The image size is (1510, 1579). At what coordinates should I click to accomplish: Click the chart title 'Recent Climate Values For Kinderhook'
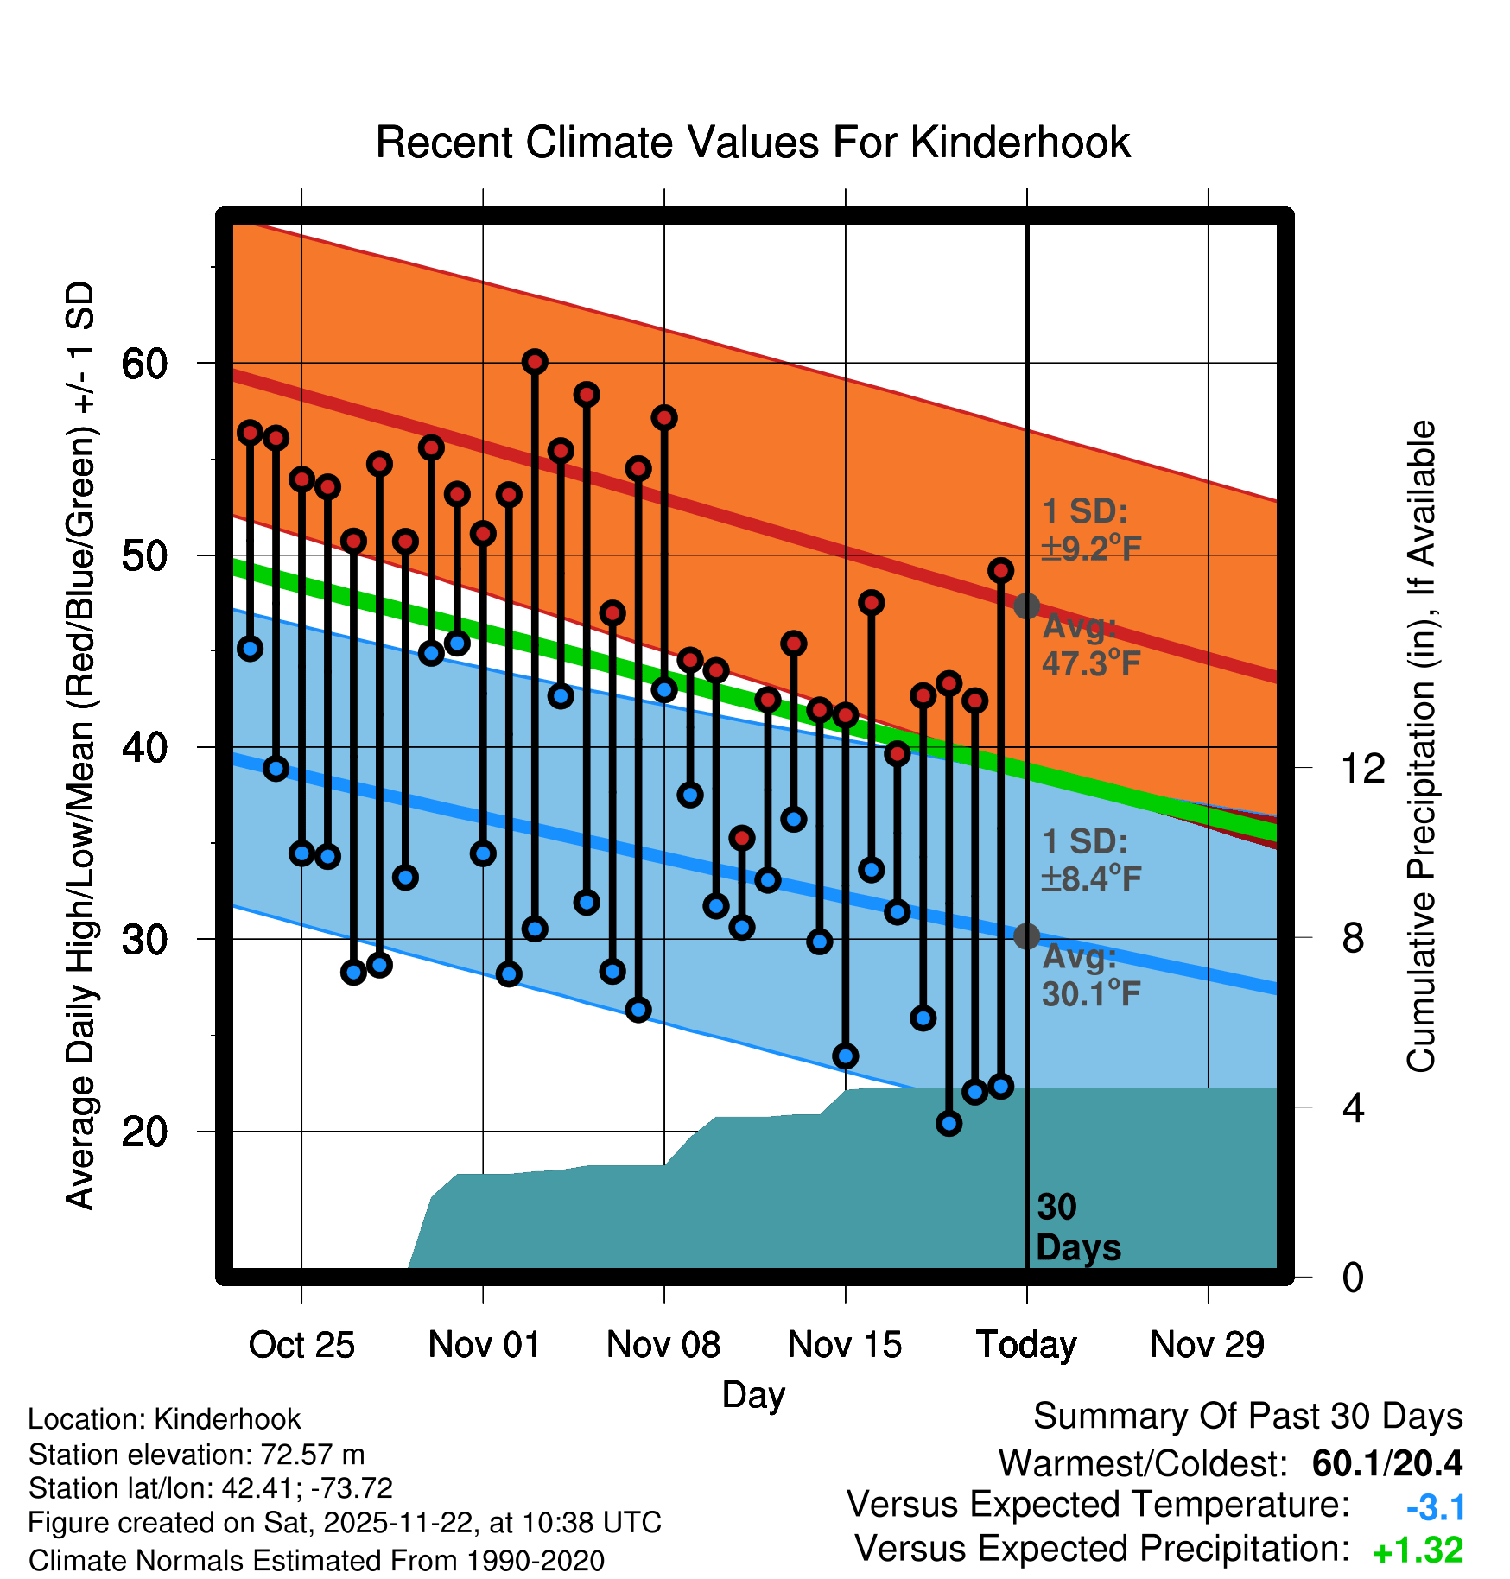click(752, 143)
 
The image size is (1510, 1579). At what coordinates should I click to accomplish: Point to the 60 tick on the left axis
click(144, 364)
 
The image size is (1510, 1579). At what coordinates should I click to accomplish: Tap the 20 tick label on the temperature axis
click(144, 1131)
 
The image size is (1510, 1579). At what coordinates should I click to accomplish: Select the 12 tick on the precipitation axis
click(1362, 768)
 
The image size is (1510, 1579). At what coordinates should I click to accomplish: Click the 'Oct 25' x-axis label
click(301, 1345)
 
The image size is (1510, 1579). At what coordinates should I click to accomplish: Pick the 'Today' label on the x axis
click(1026, 1345)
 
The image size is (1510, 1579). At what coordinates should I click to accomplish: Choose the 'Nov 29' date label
click(1207, 1345)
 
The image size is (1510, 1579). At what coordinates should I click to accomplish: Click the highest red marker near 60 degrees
click(535, 362)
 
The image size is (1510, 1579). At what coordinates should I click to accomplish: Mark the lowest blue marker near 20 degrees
click(949, 1123)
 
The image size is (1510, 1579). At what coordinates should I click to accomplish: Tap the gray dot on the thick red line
click(1026, 606)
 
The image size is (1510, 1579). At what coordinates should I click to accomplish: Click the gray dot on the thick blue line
click(1026, 936)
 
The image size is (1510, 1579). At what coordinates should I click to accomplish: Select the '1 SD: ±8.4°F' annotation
click(1090, 860)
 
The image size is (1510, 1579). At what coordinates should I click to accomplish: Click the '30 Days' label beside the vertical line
click(1077, 1227)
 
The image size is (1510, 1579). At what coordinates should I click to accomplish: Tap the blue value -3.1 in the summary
click(1435, 1508)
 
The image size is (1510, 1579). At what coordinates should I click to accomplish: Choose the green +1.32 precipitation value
click(1418, 1550)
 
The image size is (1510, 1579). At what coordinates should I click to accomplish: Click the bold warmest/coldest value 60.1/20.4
click(1386, 1463)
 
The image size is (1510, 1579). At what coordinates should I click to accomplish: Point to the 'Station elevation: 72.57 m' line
click(196, 1455)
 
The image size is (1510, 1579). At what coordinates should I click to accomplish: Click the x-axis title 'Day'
click(753, 1394)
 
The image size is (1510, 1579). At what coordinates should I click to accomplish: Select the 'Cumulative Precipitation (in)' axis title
click(1421, 746)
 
